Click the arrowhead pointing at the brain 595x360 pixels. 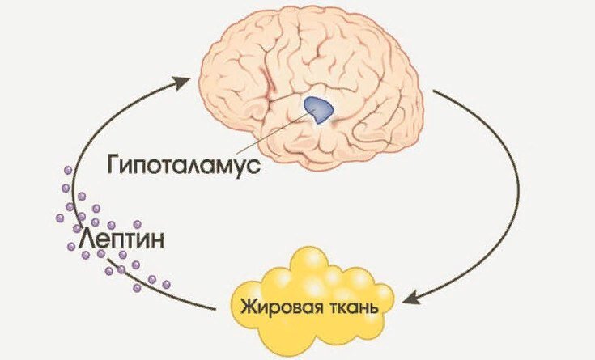[x=187, y=78]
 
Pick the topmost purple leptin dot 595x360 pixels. [x=67, y=171]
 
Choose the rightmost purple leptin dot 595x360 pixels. [x=167, y=285]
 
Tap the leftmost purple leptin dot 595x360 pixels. [x=59, y=218]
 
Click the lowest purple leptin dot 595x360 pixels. [x=137, y=288]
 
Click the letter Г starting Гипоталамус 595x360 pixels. [x=113, y=165]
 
